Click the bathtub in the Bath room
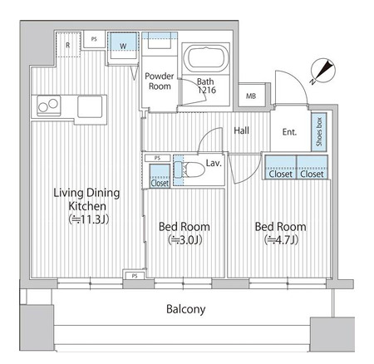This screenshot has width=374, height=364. pyautogui.click(x=206, y=58)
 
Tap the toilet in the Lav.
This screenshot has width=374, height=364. pyautogui.click(x=190, y=169)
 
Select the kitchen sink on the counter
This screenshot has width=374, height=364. pyautogui.click(x=90, y=106)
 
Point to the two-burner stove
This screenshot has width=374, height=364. pyautogui.click(x=49, y=106)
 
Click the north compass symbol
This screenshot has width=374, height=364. pyautogui.click(x=323, y=71)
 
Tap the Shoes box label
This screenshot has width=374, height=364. pyautogui.click(x=319, y=132)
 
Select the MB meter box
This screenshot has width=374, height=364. pyautogui.click(x=251, y=96)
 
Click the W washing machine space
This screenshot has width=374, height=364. pyautogui.click(x=123, y=46)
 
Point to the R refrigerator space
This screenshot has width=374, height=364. pyautogui.click(x=68, y=45)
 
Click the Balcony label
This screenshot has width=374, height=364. pyautogui.click(x=186, y=309)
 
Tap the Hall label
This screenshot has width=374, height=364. pyautogui.click(x=241, y=130)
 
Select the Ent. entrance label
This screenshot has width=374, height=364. pyautogui.click(x=289, y=132)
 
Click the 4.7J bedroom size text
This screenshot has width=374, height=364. pyautogui.click(x=281, y=240)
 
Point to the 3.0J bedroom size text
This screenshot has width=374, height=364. pyautogui.click(x=185, y=240)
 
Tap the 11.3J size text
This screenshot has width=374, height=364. pyautogui.click(x=89, y=219)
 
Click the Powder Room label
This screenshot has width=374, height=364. pyautogui.click(x=160, y=81)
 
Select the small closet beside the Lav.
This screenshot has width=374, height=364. pyautogui.click(x=160, y=176)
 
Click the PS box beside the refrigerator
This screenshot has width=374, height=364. pyautogui.click(x=94, y=39)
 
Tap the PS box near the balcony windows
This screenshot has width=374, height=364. pyautogui.click(x=135, y=276)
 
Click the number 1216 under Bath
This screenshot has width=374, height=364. pyautogui.click(x=207, y=90)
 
